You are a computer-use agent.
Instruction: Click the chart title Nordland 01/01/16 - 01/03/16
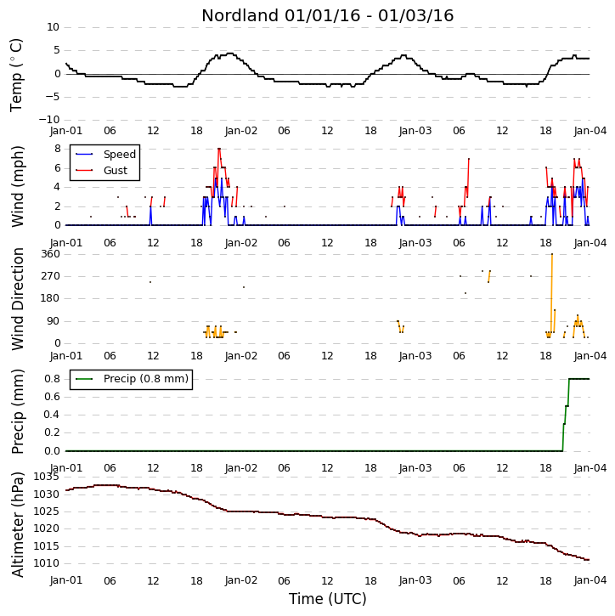(x=328, y=15)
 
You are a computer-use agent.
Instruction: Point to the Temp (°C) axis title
(x=16, y=75)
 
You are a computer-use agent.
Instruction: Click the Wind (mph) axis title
(x=18, y=187)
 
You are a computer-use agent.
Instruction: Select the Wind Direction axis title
(x=18, y=299)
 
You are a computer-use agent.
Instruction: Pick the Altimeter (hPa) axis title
(x=18, y=524)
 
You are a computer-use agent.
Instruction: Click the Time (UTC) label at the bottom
(x=328, y=599)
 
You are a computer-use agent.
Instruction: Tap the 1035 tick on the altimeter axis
(x=47, y=477)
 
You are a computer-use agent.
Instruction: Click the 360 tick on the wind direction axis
(x=51, y=254)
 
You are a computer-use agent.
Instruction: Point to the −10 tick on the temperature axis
(x=48, y=120)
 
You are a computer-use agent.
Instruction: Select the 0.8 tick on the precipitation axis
(x=52, y=379)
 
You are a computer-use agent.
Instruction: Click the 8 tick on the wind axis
(x=58, y=149)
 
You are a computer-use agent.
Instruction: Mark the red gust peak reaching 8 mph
(x=219, y=149)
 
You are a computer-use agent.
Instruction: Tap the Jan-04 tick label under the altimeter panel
(x=590, y=580)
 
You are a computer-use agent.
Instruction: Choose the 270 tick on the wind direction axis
(x=51, y=276)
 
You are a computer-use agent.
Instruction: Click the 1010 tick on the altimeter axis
(x=47, y=563)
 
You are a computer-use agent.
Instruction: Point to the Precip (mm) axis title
(x=18, y=412)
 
